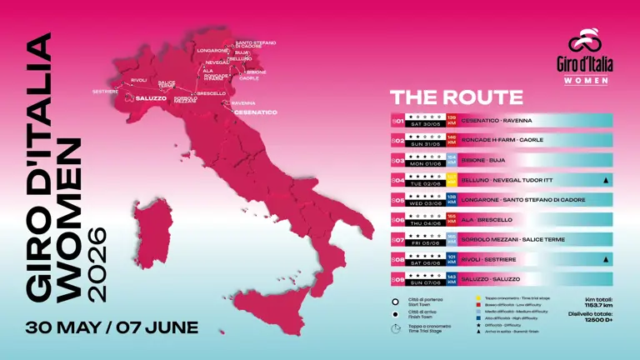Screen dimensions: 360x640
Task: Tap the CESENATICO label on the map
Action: coord(255,112)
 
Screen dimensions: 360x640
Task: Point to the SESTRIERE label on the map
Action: coord(105,90)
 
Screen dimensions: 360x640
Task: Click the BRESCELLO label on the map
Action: coord(213,92)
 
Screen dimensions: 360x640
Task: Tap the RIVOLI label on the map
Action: coord(139,80)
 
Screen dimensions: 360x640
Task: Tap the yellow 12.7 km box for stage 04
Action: coord(452,179)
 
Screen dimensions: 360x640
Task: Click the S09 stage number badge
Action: coord(397,279)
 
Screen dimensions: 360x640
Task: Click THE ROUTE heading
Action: coord(446,97)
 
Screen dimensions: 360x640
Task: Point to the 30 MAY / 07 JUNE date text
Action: coord(112,327)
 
